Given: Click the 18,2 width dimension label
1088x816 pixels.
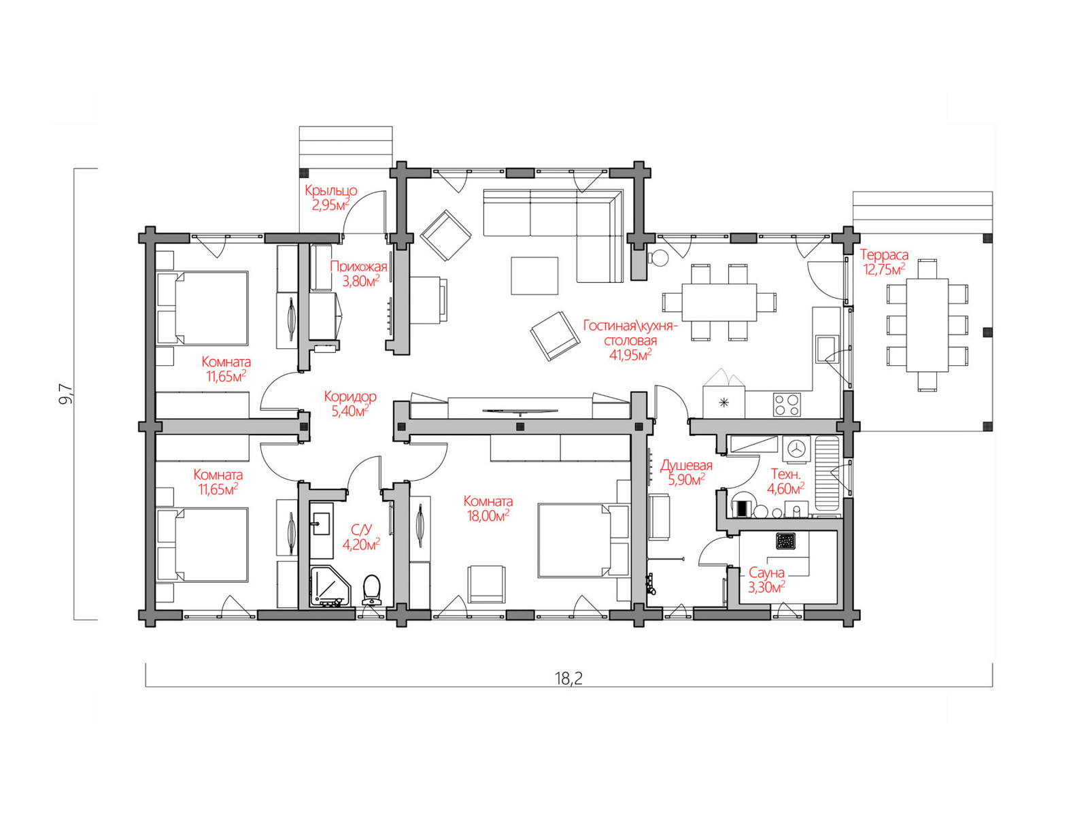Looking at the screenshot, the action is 568,678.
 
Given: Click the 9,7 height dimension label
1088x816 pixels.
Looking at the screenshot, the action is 65,394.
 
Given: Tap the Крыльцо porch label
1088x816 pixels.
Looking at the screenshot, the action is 330,190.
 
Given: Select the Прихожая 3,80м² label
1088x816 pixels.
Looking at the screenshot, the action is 358,274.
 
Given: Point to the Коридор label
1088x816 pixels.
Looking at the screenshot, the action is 350,396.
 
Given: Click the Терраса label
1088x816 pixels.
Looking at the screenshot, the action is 884,254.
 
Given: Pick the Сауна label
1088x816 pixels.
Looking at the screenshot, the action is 766,573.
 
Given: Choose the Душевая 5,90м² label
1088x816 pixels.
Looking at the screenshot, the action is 686,472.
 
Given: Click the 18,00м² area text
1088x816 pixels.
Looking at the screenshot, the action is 488,515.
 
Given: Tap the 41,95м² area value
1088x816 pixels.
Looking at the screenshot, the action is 630,355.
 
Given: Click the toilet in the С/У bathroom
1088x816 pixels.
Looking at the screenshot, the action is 371,590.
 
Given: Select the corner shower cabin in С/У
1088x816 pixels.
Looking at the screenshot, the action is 330,586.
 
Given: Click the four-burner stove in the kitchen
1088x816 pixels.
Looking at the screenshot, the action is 787,405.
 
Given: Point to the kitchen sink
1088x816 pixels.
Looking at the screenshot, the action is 828,349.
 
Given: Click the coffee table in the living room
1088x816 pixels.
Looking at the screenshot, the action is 534,275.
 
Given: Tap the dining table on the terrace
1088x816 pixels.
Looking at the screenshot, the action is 927,325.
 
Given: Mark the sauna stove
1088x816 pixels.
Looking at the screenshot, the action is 785,541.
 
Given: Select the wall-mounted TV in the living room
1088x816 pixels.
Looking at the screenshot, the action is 520,411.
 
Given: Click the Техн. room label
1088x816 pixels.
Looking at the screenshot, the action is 785,474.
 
